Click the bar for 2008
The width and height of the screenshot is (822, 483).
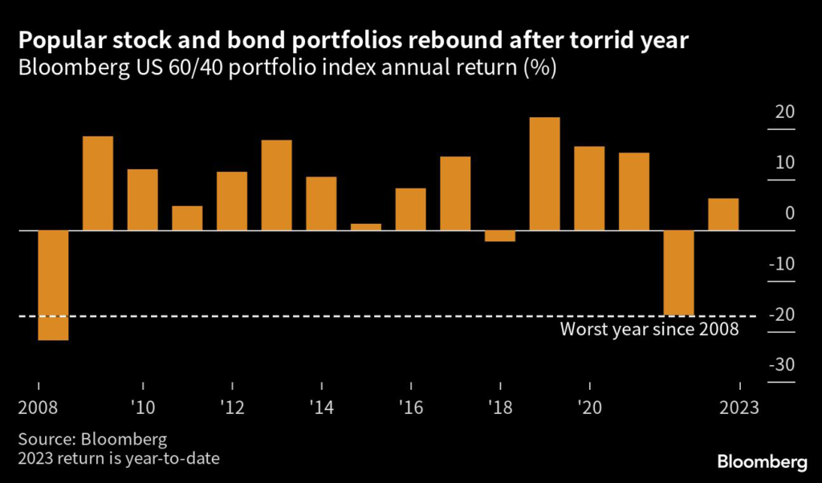(x=53, y=285)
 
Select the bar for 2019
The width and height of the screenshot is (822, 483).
(x=545, y=174)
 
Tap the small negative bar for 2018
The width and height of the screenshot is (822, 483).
(x=500, y=236)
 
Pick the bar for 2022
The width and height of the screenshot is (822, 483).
(x=678, y=273)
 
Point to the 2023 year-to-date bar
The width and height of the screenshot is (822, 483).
(x=723, y=214)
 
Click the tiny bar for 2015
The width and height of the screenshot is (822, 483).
(x=366, y=227)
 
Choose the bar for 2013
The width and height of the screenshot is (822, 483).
(x=277, y=185)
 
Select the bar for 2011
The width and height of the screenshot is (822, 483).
(x=187, y=218)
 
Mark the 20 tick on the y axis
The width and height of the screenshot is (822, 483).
(x=783, y=112)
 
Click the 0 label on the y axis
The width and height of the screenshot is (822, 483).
(x=789, y=213)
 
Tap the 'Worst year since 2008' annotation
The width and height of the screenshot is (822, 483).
(x=649, y=329)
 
